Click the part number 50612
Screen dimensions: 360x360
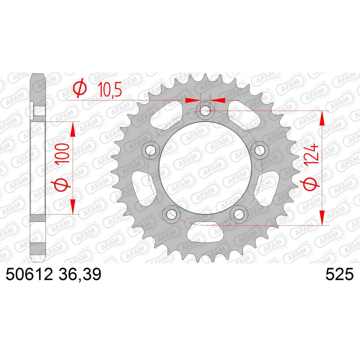29,274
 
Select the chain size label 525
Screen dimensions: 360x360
340,274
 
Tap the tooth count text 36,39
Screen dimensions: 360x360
80,274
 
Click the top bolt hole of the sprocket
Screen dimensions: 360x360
205,111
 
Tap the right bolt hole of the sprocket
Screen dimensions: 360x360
260,150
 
